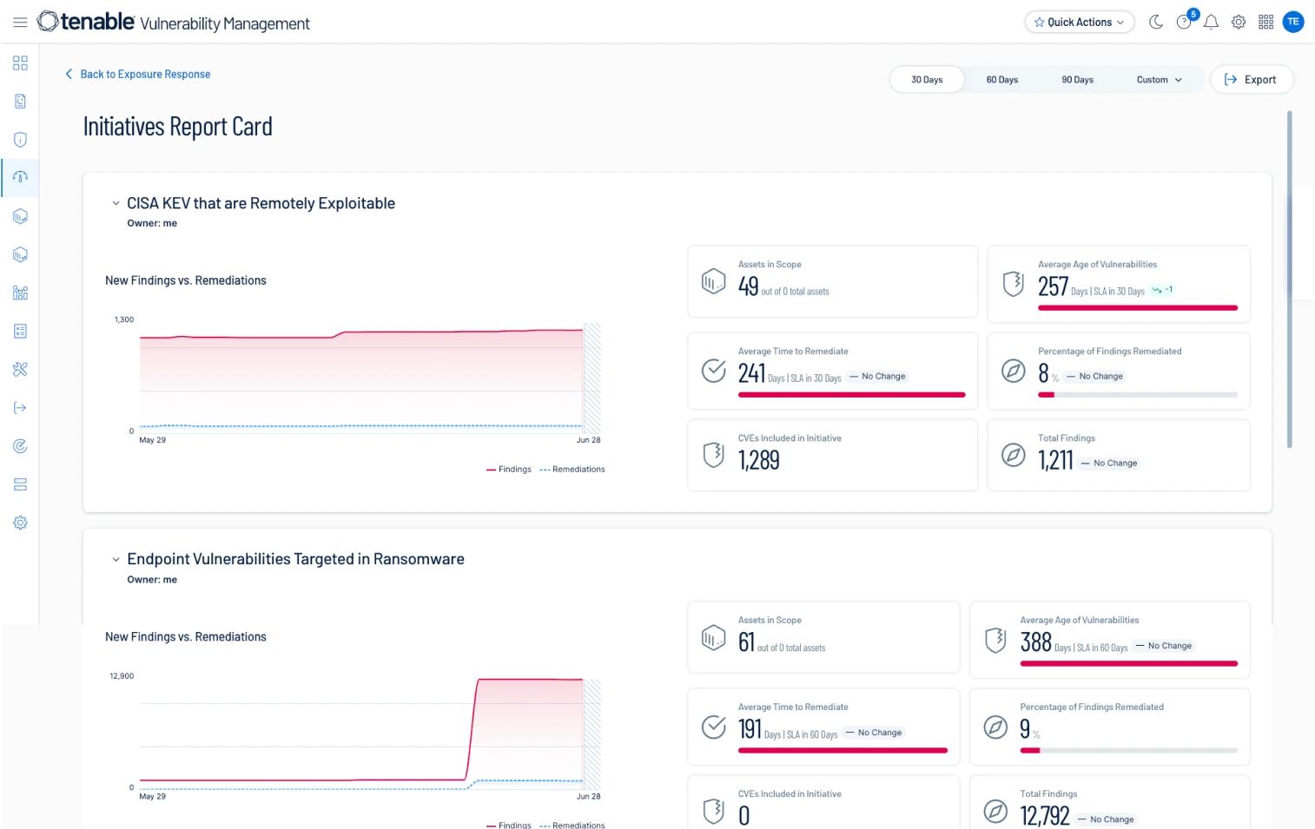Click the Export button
[1251, 80]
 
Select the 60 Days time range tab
[1001, 80]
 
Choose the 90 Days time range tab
[1077, 80]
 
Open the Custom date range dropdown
[1159, 80]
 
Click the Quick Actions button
[1079, 23]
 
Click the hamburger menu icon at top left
[20, 23]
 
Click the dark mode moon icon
[1156, 23]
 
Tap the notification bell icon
[1211, 23]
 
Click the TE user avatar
[1293, 23]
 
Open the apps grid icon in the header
[1265, 23]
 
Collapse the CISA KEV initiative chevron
[116, 203]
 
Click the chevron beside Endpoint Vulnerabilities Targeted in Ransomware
[116, 560]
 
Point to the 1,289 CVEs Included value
[758, 460]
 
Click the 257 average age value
[1053, 286]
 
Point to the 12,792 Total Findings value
[1044, 816]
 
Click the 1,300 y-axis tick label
[124, 319]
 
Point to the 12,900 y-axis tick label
[122, 676]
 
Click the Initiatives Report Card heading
[177, 128]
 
